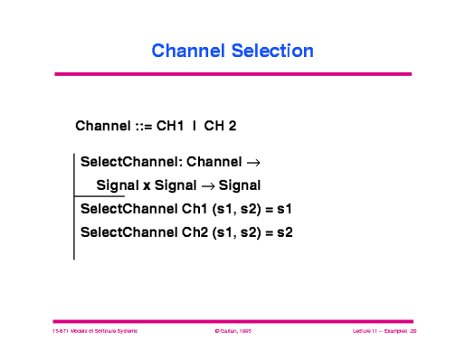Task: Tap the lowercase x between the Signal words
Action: coord(145,186)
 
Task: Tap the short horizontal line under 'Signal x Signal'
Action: coord(99,196)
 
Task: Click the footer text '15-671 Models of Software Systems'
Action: coord(94,332)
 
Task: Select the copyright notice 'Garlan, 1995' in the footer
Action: coord(233,332)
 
